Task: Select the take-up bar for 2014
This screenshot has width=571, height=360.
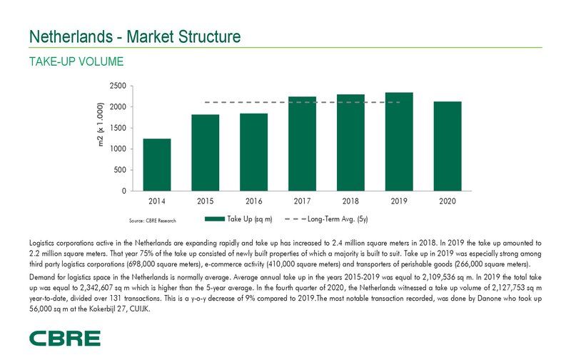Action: (x=156, y=165)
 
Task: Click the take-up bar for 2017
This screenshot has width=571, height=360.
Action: (x=302, y=144)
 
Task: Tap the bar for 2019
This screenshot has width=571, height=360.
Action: (x=399, y=141)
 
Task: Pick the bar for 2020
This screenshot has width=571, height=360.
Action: (x=448, y=146)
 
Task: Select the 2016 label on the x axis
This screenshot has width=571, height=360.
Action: (x=253, y=202)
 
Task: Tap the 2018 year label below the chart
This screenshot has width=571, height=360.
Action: (x=350, y=202)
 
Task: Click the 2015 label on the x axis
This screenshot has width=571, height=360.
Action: (x=205, y=202)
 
